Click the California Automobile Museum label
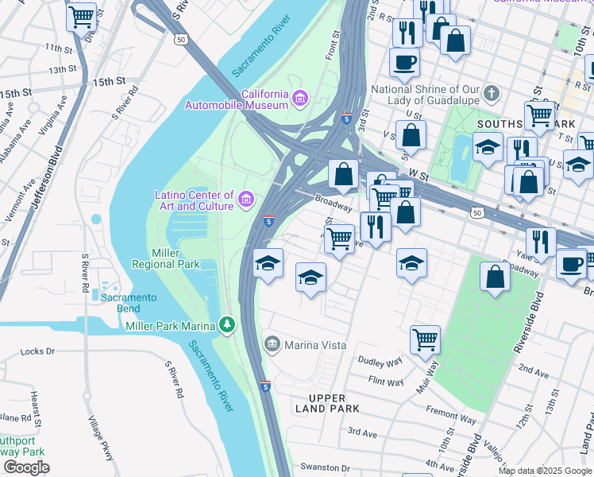[x=236, y=99]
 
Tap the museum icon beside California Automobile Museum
[x=299, y=99]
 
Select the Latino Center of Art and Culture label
[x=194, y=200]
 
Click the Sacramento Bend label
[x=129, y=297]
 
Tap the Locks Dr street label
[x=37, y=351]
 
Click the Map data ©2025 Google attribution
[x=544, y=471]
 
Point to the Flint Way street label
[x=387, y=382]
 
